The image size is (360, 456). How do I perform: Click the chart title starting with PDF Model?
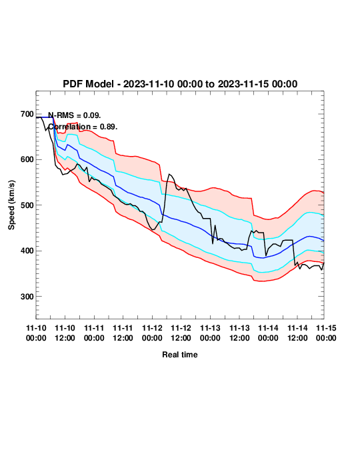point(180,84)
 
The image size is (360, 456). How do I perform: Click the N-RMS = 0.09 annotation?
point(75,115)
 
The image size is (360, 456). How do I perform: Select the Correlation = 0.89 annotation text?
point(83,127)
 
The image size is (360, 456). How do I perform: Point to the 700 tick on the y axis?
point(27,114)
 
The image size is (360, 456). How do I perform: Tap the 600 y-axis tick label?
point(27,159)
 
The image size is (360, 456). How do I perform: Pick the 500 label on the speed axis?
point(27,205)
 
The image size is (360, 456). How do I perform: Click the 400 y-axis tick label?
point(27,251)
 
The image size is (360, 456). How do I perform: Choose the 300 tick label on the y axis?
point(27,297)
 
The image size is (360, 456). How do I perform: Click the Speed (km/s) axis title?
point(11,205)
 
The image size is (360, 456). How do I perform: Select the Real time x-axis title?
point(180,355)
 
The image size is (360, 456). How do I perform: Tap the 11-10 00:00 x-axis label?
point(36,333)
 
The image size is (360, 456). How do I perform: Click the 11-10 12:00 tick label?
point(65,333)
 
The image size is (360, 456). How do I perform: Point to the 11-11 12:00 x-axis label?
point(123,333)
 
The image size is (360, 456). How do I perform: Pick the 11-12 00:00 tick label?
point(152,333)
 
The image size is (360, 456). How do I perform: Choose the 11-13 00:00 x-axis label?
point(210,333)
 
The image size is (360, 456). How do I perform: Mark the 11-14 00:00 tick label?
point(268,333)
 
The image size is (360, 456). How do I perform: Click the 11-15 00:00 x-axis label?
point(326,333)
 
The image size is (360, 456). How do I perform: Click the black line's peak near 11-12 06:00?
point(169,174)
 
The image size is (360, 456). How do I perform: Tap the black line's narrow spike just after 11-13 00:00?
point(215,225)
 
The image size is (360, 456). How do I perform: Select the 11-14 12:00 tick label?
point(297,333)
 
